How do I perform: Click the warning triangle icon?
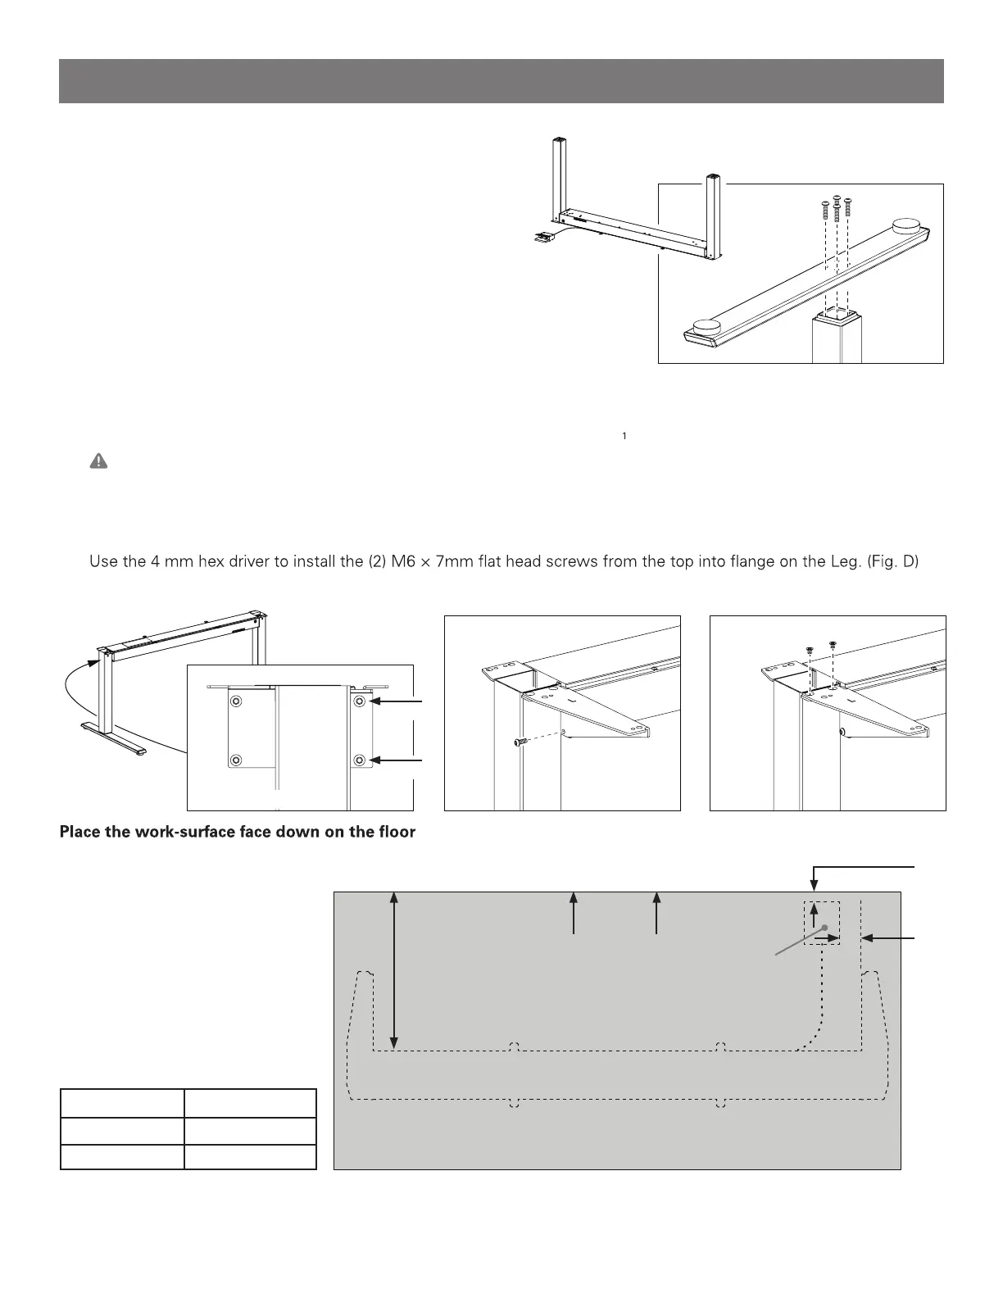(x=98, y=462)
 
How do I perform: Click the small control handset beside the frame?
(x=541, y=238)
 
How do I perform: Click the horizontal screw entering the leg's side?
(x=522, y=742)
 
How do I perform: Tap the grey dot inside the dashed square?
(x=826, y=928)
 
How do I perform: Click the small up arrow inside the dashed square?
(x=813, y=914)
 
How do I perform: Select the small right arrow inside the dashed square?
(x=828, y=940)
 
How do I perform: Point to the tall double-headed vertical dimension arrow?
(x=395, y=971)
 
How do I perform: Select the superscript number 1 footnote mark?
(x=624, y=436)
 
